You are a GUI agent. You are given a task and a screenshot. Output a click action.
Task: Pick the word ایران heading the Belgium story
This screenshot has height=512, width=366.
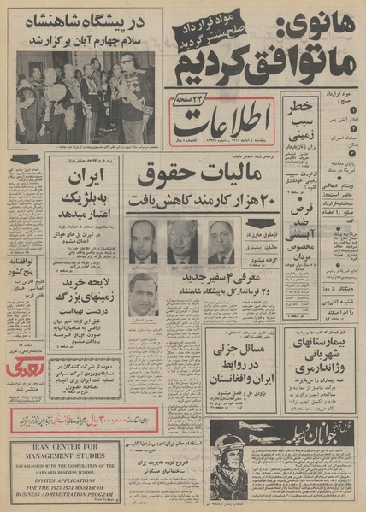pos(85,179)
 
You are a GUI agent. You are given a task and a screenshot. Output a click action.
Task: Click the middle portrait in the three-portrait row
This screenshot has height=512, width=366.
pos(182,243)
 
